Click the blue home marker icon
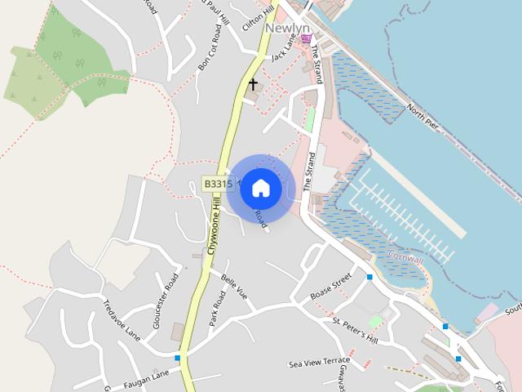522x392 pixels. click(260, 188)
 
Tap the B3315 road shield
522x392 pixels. click(218, 185)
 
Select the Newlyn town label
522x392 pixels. click(288, 29)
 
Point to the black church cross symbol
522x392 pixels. click(253, 84)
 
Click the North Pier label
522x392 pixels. click(423, 118)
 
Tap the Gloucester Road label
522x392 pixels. click(165, 301)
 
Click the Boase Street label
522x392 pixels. click(330, 285)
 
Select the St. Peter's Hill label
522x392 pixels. click(356, 328)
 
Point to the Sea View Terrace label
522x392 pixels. click(319, 360)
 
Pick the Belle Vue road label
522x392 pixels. click(234, 287)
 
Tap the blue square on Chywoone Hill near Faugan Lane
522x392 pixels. click(177, 358)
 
